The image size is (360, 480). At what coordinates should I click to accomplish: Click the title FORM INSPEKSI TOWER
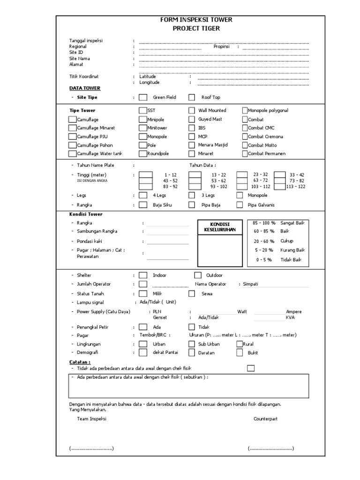pyautogui.click(x=196, y=20)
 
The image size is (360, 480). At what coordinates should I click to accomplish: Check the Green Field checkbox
pyautogui.click(x=143, y=97)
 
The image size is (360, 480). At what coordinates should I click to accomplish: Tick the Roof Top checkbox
pyautogui.click(x=192, y=97)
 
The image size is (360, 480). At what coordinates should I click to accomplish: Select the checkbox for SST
pyautogui.click(x=143, y=111)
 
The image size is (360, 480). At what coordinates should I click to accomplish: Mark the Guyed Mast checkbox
pyautogui.click(x=192, y=119)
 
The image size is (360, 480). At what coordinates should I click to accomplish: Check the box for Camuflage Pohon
pyautogui.click(x=72, y=145)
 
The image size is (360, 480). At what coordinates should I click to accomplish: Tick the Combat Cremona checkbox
pyautogui.click(x=245, y=137)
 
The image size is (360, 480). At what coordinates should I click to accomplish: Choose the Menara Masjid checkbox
pyautogui.click(x=192, y=145)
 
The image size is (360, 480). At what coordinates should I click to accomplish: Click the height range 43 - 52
pyautogui.click(x=170, y=180)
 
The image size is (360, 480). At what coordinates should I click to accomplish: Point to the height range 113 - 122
pyautogui.click(x=295, y=186)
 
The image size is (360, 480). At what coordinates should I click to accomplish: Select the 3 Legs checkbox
pyautogui.click(x=192, y=195)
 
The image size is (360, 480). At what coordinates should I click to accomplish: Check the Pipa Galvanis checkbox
pyautogui.click(x=240, y=205)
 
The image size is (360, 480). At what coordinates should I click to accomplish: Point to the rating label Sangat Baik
pyautogui.click(x=292, y=223)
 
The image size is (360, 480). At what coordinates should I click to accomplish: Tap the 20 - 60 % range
pyautogui.click(x=264, y=241)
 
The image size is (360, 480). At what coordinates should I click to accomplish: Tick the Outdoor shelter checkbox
pyautogui.click(x=198, y=275)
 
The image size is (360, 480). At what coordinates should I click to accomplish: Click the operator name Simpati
pyautogui.click(x=251, y=284)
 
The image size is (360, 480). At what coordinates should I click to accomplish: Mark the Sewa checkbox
pyautogui.click(x=192, y=293)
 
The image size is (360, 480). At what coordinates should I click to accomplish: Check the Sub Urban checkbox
pyautogui.click(x=192, y=344)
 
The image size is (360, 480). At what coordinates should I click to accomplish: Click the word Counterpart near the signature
pyautogui.click(x=266, y=419)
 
